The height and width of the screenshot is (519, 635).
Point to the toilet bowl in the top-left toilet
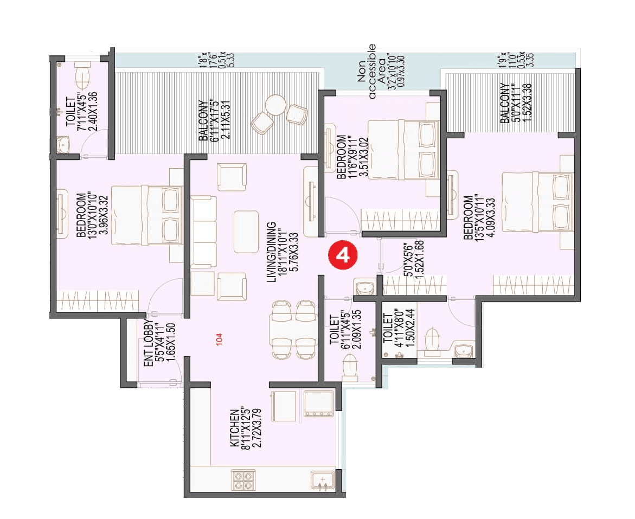[x=83, y=76]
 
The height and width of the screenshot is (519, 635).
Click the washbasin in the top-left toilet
[x=63, y=145]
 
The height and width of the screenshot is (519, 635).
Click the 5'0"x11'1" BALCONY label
[x=509, y=103]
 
